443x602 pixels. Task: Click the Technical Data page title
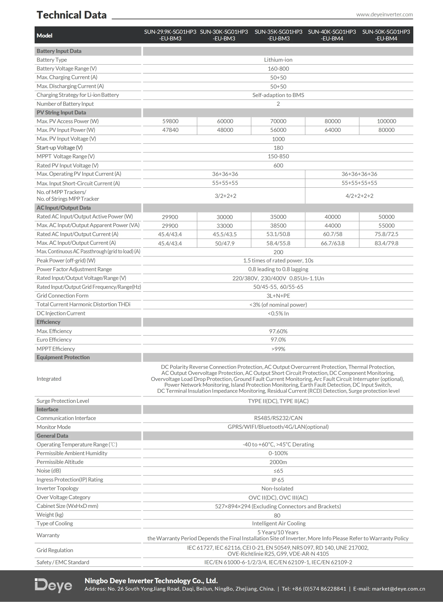pos(72,15)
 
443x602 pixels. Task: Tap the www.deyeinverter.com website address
pos(384,15)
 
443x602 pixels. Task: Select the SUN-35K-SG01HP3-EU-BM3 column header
pos(278,35)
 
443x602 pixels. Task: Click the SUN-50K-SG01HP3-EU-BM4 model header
pos(386,35)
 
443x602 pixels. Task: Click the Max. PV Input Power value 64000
pos(332,130)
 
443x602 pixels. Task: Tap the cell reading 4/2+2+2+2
pos(359,196)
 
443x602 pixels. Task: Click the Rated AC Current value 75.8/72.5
pos(386,234)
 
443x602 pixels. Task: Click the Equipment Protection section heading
pos(63,357)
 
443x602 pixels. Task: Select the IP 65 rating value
pos(278,480)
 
